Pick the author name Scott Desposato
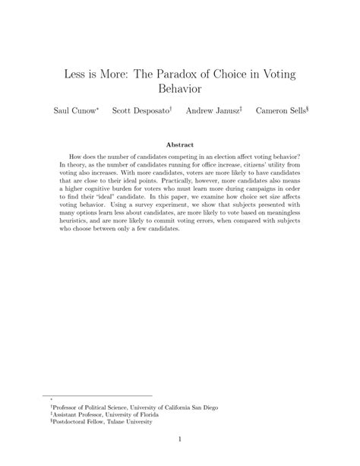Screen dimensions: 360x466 click(x=141, y=110)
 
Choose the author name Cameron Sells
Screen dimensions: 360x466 click(x=281, y=110)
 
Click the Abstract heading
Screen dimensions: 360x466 click(x=180, y=144)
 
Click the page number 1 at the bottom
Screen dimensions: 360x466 click(x=180, y=439)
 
